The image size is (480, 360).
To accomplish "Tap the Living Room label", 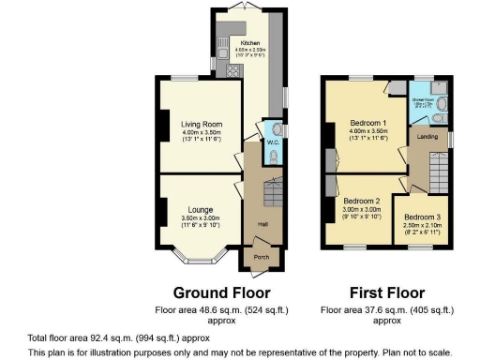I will click(199, 122).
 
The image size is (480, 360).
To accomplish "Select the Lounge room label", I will click(198, 210).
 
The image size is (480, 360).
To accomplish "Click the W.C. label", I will click(272, 142).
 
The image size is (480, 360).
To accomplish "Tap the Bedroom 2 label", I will click(361, 201).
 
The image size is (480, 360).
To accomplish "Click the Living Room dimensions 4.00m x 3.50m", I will click(199, 132).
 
